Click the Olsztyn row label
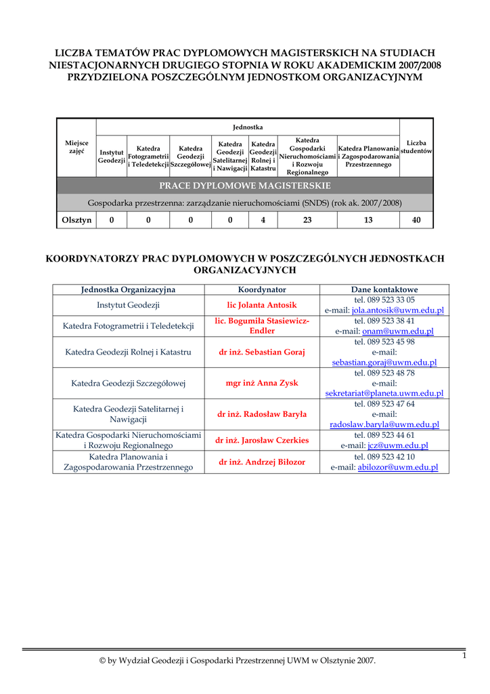coord(76,220)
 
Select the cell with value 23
coord(307,220)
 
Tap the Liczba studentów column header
coord(416,147)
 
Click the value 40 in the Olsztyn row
coord(416,220)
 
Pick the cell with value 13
coord(368,220)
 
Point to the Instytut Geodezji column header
coord(111,157)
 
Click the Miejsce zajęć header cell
coord(76,147)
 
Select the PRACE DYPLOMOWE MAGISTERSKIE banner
coord(245,186)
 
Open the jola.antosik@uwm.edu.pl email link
coord(397,310)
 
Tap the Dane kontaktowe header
coord(384,289)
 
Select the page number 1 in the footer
coord(465,655)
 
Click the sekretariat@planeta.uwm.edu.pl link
coord(384,393)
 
